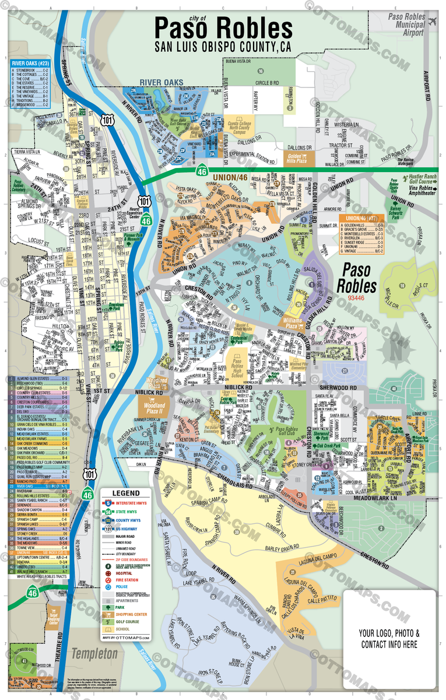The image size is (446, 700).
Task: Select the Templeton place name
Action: (94, 654)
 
